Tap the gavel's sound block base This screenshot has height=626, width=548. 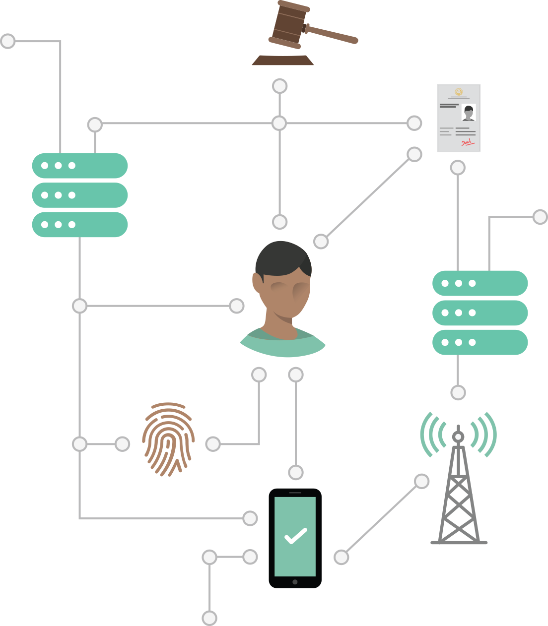(282, 61)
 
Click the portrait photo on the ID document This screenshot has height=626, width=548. (469, 113)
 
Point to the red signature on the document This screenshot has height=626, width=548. (468, 143)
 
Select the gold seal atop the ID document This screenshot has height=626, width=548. (459, 92)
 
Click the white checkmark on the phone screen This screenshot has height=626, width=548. (295, 536)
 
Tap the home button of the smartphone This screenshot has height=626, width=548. (295, 582)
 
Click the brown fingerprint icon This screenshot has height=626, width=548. (168, 439)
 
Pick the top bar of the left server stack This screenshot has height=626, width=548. (80, 166)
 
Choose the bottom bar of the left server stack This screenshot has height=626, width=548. (80, 225)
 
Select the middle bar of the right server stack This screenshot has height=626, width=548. (480, 313)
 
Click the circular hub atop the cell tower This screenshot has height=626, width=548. (458, 437)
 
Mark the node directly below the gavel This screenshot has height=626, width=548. (280, 86)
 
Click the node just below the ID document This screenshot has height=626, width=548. (458, 168)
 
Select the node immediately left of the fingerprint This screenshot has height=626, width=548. (122, 444)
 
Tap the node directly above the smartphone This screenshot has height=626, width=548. (296, 472)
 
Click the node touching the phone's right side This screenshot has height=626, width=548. (341, 557)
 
